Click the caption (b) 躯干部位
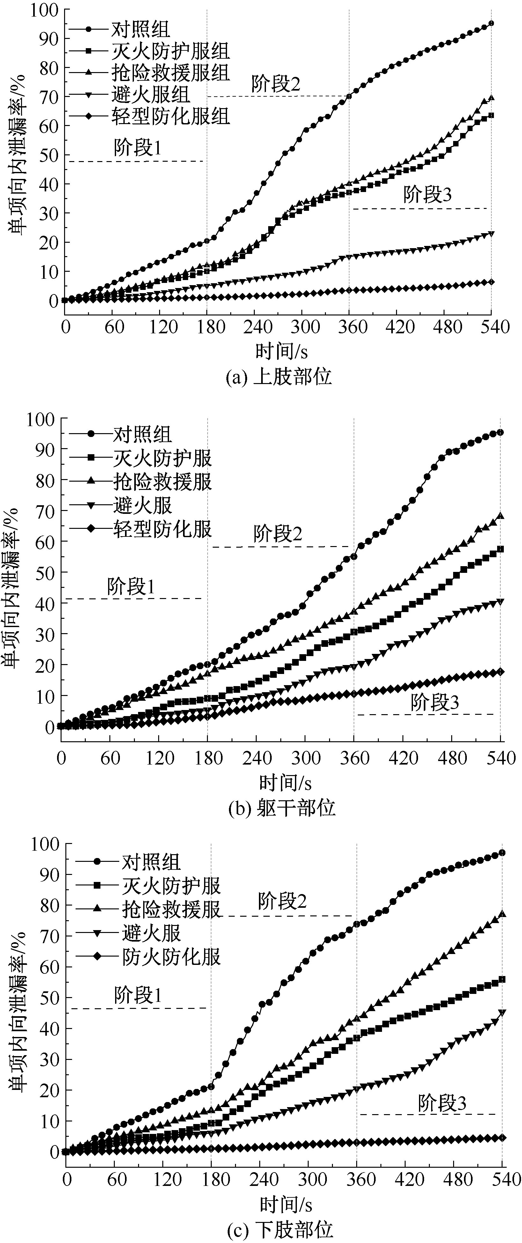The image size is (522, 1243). tap(282, 808)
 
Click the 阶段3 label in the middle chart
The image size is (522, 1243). tap(434, 703)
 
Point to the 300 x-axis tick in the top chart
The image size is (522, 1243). tap(305, 327)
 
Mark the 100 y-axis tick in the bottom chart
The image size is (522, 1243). tap(44, 844)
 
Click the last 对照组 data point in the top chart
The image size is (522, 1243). tap(491, 23)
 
